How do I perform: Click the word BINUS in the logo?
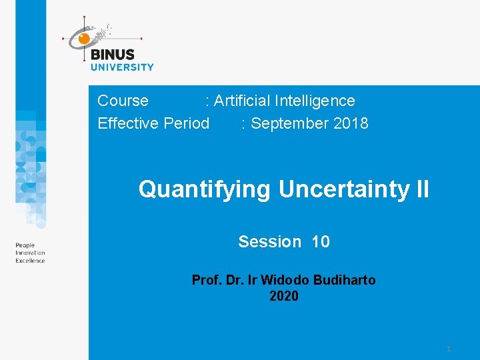(112, 55)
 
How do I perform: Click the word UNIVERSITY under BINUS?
(122, 67)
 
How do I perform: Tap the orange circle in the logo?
(84, 39)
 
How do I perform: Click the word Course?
(123, 101)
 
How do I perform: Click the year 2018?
(351, 123)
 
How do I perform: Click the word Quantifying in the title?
(205, 190)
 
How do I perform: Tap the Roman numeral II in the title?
(422, 190)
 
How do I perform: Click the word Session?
(269, 241)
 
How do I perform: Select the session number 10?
(320, 241)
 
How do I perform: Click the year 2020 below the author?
(284, 296)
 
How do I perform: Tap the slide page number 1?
(449, 349)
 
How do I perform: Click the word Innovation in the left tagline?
(31, 253)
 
